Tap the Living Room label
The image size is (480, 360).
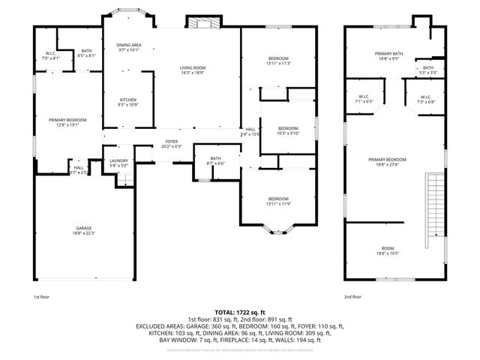click(x=192, y=68)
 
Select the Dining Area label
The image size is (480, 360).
click(x=128, y=46)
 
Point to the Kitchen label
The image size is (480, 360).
click(x=128, y=100)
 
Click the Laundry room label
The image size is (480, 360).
click(x=118, y=160)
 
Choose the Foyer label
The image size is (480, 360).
click(x=172, y=142)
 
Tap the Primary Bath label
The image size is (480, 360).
click(x=388, y=54)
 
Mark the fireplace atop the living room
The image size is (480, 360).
click(x=200, y=23)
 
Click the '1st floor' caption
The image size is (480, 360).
click(x=42, y=297)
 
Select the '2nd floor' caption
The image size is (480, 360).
click(x=352, y=297)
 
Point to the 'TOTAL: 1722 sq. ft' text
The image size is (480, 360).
click(x=239, y=311)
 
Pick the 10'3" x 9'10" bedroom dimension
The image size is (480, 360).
click(x=289, y=133)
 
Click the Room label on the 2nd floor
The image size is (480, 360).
click(x=388, y=248)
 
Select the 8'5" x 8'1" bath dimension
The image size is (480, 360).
click(x=87, y=55)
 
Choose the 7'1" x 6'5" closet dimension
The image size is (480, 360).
click(x=363, y=101)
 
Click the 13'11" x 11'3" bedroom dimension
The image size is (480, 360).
click(x=278, y=64)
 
